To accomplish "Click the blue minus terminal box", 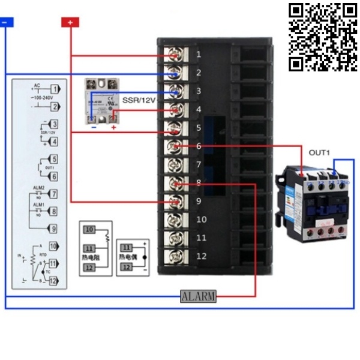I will pyautogui.click(x=5, y=22).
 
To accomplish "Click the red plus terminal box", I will pyautogui.click(x=70, y=22).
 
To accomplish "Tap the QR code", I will pyautogui.click(x=323, y=37).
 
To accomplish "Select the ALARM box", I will pyautogui.click(x=198, y=296).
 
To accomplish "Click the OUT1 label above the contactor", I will pyautogui.click(x=319, y=153).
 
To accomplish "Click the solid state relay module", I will pyautogui.click(x=102, y=103).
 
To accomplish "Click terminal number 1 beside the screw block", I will pyautogui.click(x=199, y=55).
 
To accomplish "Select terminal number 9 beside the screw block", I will pyautogui.click(x=199, y=202).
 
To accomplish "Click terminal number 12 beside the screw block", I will pyautogui.click(x=201, y=256).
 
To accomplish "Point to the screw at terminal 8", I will pyautogui.click(x=174, y=183).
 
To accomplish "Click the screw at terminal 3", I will pyautogui.click(x=174, y=92).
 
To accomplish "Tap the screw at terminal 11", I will pyautogui.click(x=174, y=238).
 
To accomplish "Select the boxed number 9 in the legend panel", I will pyautogui.click(x=53, y=229).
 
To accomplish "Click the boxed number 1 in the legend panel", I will pyautogui.click(x=54, y=89).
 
